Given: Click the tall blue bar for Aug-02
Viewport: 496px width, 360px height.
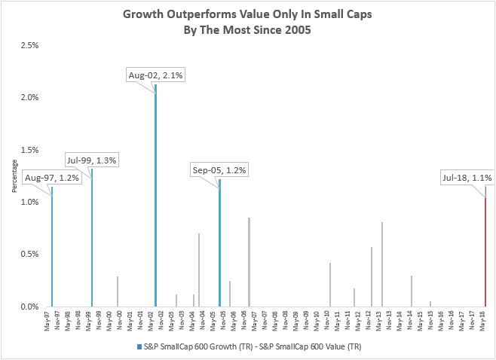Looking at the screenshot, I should point(155,196).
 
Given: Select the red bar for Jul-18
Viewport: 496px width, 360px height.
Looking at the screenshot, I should point(485,249).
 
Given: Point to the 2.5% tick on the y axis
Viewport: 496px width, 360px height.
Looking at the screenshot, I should point(29,46).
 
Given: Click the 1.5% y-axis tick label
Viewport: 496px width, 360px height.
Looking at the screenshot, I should point(29,150).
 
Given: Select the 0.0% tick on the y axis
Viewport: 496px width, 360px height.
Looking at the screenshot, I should point(29,307).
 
